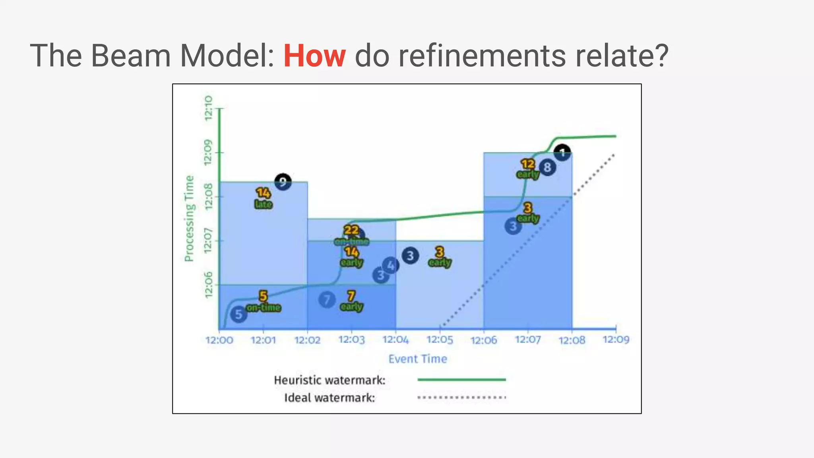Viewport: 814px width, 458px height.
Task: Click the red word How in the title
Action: point(314,56)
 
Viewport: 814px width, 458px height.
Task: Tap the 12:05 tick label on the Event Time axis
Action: point(440,340)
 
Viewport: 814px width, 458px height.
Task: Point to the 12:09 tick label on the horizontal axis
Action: point(616,340)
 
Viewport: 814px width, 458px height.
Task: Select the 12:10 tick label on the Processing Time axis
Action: point(208,108)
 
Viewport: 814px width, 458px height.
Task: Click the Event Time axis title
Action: point(417,359)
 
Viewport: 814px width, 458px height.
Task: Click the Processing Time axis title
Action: point(189,219)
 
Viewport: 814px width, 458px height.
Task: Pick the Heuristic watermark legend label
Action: point(329,380)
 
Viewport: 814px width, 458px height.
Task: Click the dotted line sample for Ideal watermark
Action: point(461,397)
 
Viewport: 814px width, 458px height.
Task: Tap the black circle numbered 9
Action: point(283,182)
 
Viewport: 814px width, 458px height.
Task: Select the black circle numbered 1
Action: point(562,153)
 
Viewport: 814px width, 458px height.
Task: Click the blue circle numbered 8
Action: point(547,167)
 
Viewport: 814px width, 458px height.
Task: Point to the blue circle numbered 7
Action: point(327,300)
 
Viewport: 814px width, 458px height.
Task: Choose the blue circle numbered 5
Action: point(238,314)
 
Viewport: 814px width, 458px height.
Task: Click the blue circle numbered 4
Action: point(391,265)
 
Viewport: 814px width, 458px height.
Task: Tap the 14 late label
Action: point(263,198)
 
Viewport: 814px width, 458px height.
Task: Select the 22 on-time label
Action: point(351,235)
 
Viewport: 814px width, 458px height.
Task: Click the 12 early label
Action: point(528,169)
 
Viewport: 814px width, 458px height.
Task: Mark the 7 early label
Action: point(351,301)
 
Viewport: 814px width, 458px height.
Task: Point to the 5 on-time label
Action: point(263,301)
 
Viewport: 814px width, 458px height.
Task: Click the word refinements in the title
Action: point(482,56)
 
